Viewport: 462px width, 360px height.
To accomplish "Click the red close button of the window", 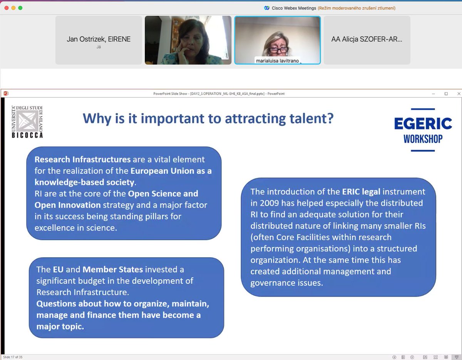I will pos(6,8).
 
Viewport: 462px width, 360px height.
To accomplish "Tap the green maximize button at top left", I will pos(20,8).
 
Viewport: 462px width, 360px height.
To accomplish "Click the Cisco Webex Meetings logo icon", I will pos(266,8).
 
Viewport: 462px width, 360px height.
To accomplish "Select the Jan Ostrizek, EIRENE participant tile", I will pos(99,40).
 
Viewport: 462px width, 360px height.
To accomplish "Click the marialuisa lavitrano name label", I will pos(277,61).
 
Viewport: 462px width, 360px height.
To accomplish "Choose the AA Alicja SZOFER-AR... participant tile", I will pos(367,40).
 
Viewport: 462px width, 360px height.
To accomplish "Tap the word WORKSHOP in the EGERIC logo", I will pos(423,138).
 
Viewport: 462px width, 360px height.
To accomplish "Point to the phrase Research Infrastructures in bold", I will pos(83,159).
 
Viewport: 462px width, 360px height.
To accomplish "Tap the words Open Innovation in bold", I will pos(68,205).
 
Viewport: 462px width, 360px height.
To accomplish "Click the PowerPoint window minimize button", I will pos(434,93).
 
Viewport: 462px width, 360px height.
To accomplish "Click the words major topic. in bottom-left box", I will pos(60,327).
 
